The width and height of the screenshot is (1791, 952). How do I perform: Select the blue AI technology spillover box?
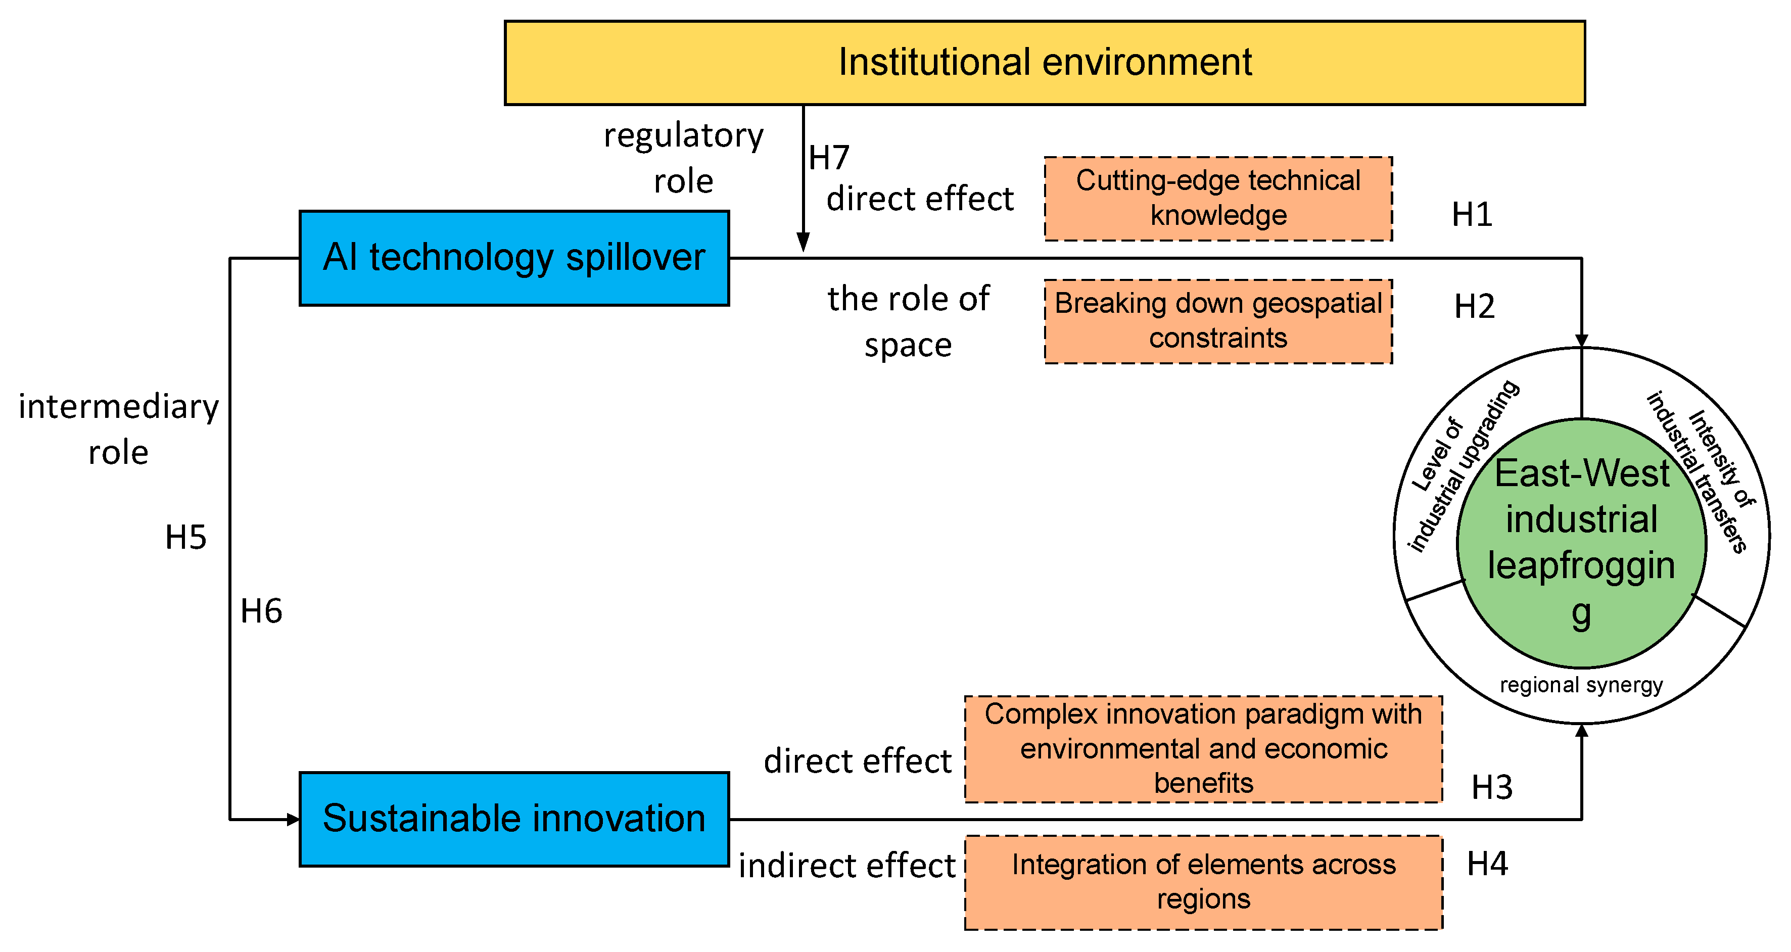[x=514, y=258]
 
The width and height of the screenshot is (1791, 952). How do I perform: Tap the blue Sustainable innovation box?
[x=514, y=819]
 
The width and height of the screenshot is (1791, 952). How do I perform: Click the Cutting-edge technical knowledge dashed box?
[x=1218, y=198]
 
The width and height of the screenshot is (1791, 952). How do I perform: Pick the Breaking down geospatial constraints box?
[x=1218, y=321]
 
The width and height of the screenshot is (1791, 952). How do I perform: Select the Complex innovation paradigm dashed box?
[x=1203, y=749]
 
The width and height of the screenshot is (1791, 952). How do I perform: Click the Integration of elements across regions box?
[x=1203, y=882]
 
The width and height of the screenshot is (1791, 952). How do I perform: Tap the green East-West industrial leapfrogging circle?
[x=1581, y=542]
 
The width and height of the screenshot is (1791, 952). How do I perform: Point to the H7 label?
[x=829, y=158]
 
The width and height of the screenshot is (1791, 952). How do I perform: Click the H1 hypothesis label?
[x=1472, y=215]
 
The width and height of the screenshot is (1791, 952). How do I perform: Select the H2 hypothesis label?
[x=1474, y=307]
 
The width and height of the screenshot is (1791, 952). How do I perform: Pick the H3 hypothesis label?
[x=1492, y=788]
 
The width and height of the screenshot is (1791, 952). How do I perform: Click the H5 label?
[x=185, y=538]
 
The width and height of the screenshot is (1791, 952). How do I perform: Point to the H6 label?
[x=261, y=612]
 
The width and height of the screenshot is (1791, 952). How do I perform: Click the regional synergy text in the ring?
[x=1581, y=685]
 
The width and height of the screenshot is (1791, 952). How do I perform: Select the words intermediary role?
[x=118, y=429]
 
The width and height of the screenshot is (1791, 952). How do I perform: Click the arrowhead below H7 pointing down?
[x=803, y=243]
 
